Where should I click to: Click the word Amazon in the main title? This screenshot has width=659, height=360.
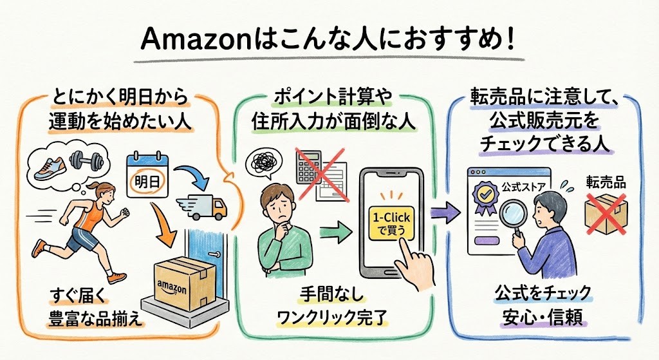(190, 40)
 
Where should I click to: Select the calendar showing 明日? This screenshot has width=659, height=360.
(147, 173)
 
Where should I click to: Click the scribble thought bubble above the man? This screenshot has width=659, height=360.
(265, 163)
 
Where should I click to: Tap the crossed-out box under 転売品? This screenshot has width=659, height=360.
(605, 213)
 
